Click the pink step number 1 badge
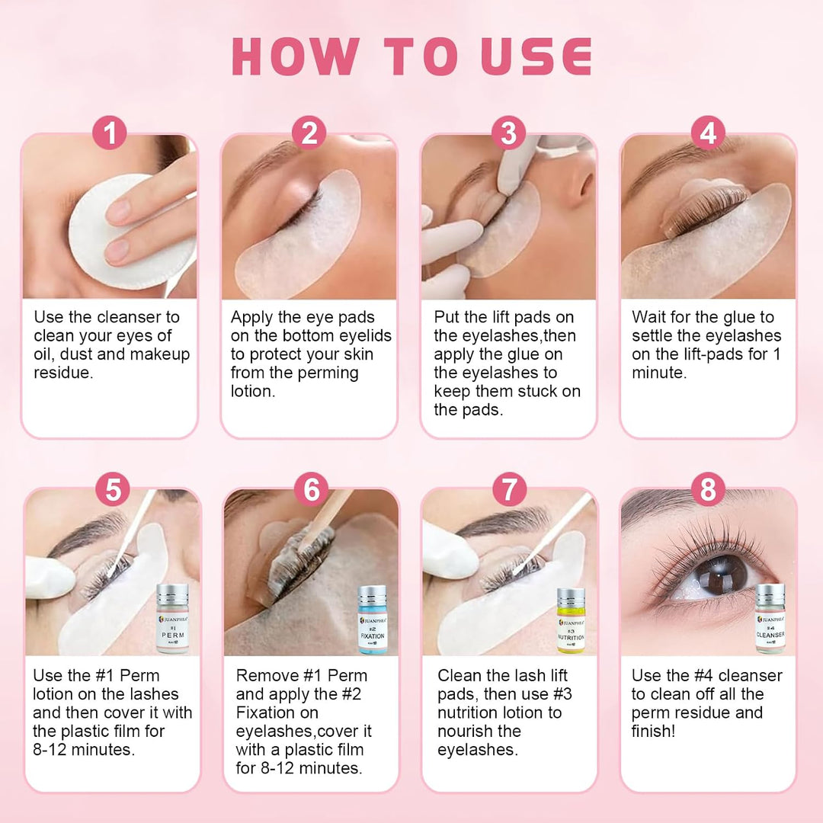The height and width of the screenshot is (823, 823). click(110, 133)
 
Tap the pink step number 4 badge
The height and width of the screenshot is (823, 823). click(708, 133)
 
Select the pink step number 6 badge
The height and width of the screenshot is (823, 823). click(311, 489)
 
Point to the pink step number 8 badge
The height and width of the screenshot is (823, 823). click(708, 489)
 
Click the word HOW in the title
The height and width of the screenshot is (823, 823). click(296, 56)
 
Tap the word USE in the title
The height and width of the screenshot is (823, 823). click(536, 56)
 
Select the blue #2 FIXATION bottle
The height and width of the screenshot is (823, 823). click(372, 620)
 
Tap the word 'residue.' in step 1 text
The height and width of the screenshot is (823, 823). click(63, 373)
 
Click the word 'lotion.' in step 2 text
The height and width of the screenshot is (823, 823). click(253, 391)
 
